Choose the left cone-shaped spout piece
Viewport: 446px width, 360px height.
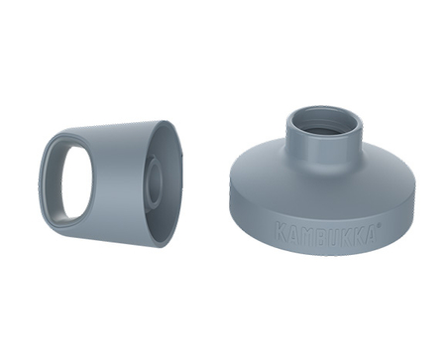[x=109, y=179]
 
